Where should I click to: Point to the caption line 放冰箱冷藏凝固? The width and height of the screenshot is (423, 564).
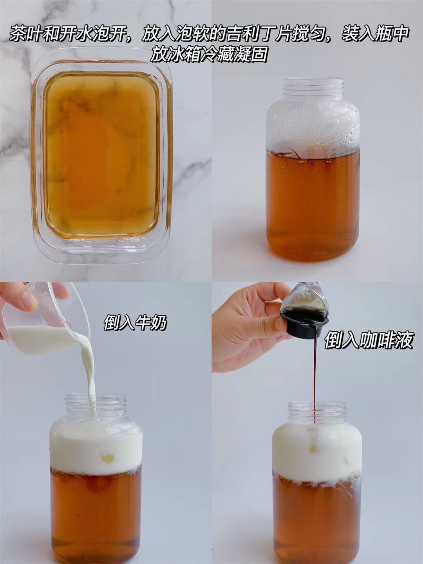(208, 54)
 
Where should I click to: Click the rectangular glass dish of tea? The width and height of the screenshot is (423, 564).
(101, 157)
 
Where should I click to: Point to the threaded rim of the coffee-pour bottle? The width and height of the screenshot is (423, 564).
(317, 410)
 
